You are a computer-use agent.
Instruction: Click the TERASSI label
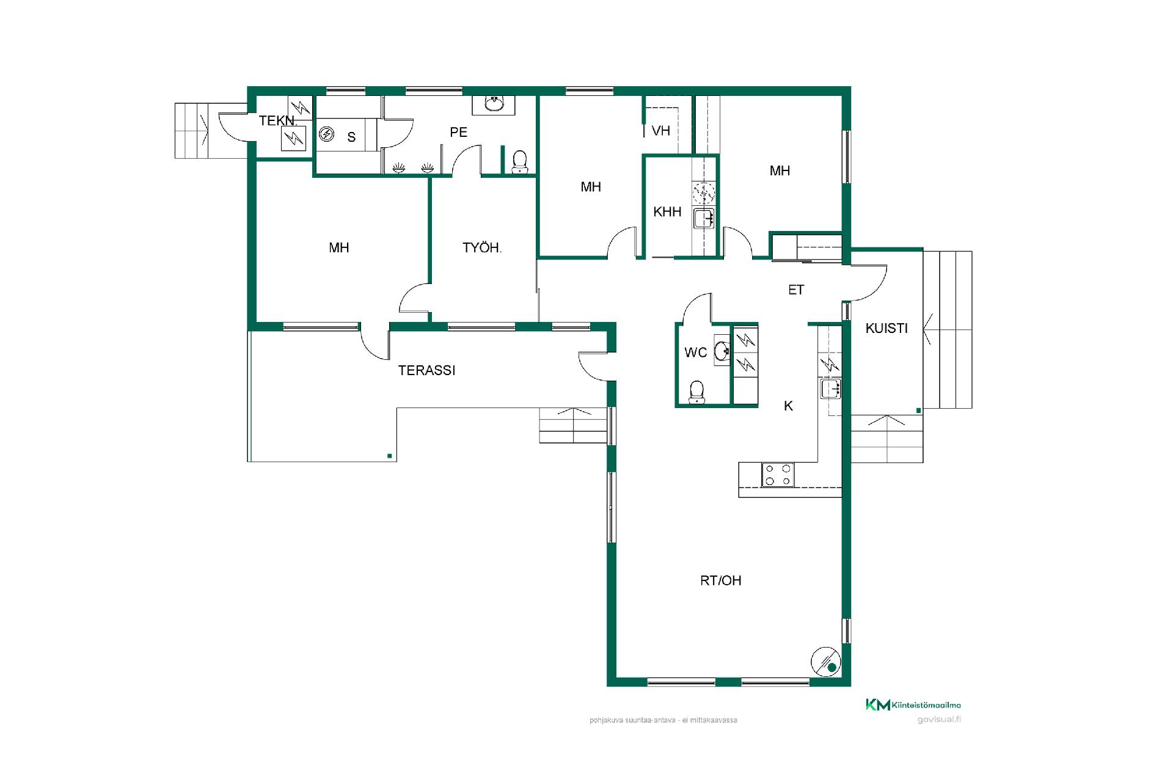coord(426,370)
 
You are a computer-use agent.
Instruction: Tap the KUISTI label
coord(886,328)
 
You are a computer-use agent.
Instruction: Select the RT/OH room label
coord(721,580)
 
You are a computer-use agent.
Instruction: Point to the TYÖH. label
coord(482,247)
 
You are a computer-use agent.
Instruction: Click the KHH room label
coord(667,212)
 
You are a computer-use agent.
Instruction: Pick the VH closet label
coord(661,131)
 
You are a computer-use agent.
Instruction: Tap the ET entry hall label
coord(796,290)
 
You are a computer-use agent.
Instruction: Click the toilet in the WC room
coord(696,392)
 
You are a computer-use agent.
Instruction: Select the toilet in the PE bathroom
coord(520,163)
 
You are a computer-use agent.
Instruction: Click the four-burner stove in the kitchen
coord(778,475)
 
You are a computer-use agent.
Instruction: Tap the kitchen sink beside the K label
coord(831,389)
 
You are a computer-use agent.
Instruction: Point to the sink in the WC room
coord(722,351)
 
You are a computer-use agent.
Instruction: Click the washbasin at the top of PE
coord(494,105)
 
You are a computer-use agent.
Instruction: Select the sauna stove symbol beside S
coord(326,134)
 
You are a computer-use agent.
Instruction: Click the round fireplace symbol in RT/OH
coord(826,662)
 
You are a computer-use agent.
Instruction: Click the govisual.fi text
coord(939,719)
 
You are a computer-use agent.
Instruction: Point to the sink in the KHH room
coord(704,218)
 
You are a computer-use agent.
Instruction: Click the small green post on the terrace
coord(389,455)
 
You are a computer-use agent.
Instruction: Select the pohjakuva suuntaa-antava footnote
coord(663,720)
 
